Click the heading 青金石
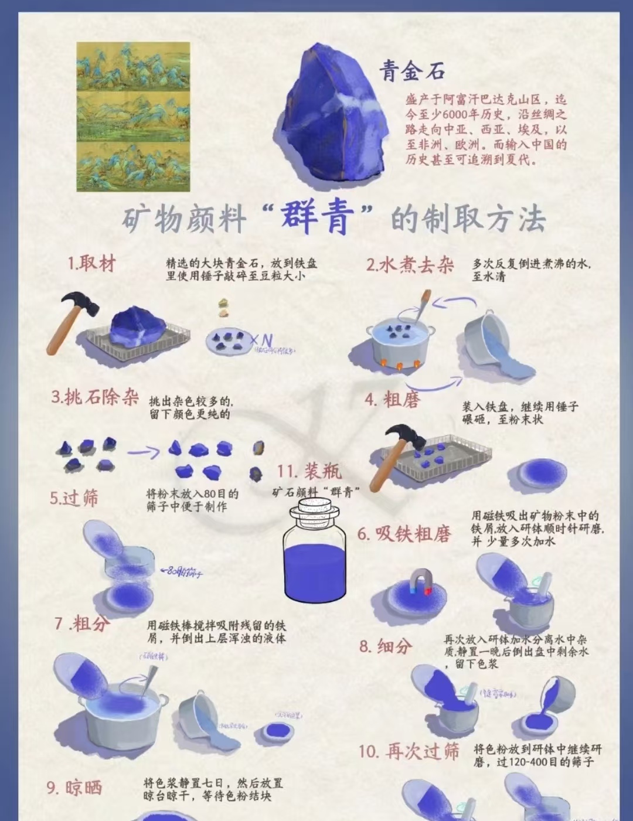pyautogui.click(x=411, y=71)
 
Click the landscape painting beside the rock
pyautogui.click(x=133, y=117)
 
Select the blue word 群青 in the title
pyautogui.click(x=317, y=219)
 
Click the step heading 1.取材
pyautogui.click(x=91, y=264)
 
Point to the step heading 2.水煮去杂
pyautogui.click(x=410, y=265)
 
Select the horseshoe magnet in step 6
pyautogui.click(x=421, y=582)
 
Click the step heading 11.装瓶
pyautogui.click(x=309, y=471)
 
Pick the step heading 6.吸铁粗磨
pyautogui.click(x=404, y=533)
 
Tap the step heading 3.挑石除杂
pyautogui.click(x=94, y=398)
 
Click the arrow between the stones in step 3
pyautogui.click(x=144, y=452)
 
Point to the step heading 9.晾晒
pyautogui.click(x=74, y=787)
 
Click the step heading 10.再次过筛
pyautogui.click(x=409, y=751)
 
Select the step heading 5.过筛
pyautogui.click(x=74, y=498)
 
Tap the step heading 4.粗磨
pyautogui.click(x=392, y=400)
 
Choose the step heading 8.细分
pyautogui.click(x=386, y=646)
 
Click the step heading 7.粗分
pyautogui.click(x=82, y=624)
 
